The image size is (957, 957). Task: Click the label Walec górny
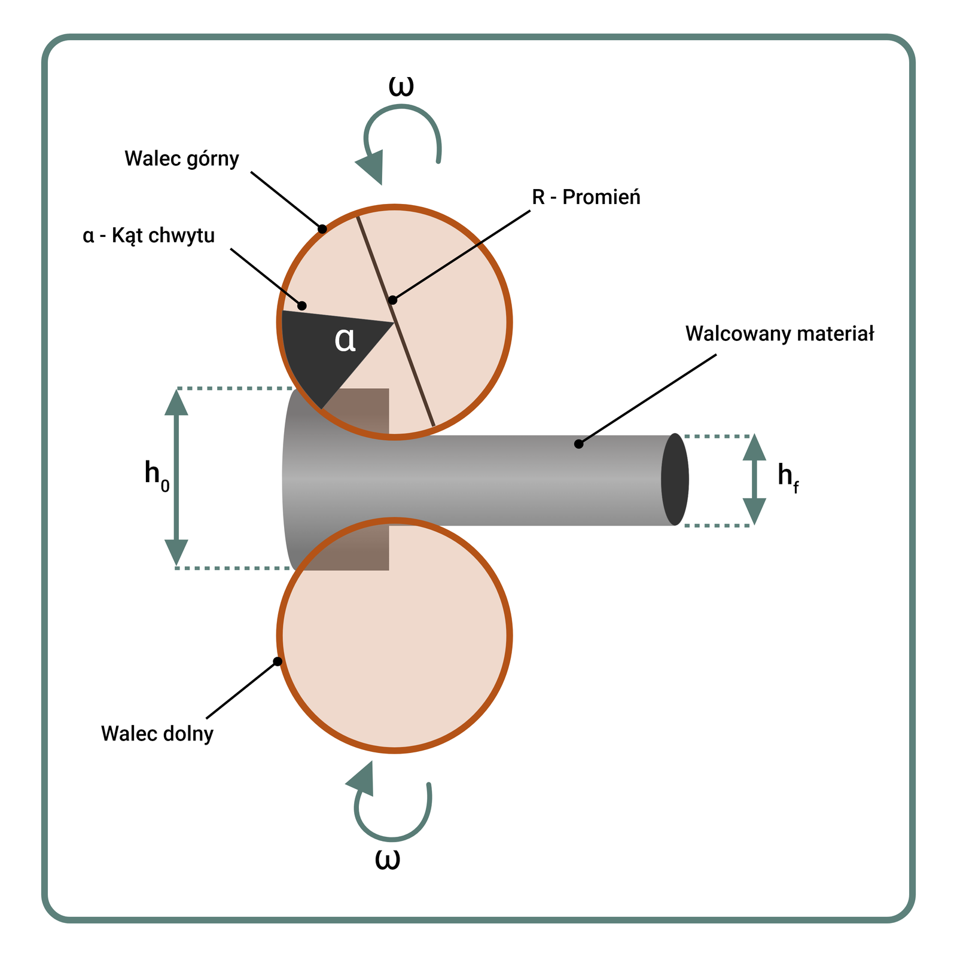click(x=182, y=159)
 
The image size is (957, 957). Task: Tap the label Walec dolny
click(x=157, y=733)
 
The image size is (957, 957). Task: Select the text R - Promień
click(x=586, y=197)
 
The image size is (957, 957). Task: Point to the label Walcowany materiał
click(x=779, y=334)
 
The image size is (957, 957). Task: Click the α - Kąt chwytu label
click(x=148, y=236)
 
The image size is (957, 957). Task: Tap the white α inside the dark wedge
click(x=345, y=340)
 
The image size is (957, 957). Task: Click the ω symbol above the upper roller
click(x=401, y=86)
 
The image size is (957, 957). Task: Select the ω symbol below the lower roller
click(x=388, y=860)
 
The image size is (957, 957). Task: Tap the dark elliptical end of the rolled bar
click(x=675, y=479)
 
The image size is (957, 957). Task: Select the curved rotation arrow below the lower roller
click(x=392, y=811)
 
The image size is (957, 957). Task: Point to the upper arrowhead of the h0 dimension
click(x=176, y=402)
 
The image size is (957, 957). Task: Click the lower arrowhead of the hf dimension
click(x=754, y=511)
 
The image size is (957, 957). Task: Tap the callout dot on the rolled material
click(x=578, y=444)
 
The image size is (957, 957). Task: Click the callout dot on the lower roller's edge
click(x=278, y=662)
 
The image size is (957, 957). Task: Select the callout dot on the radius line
click(x=392, y=300)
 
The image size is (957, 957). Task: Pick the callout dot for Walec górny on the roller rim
click(x=322, y=228)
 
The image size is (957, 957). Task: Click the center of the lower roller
click(x=394, y=635)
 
